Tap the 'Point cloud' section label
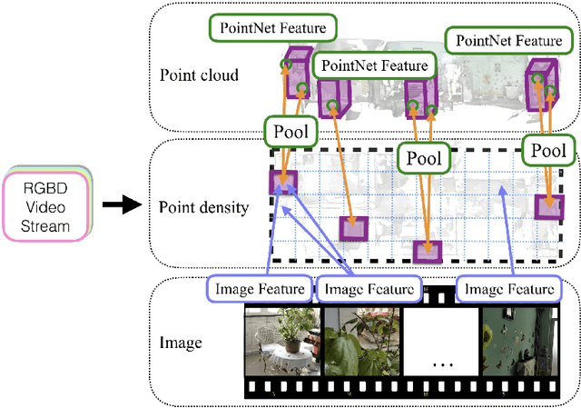[x=199, y=75]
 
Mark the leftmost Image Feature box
[x=259, y=289]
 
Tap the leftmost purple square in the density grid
[x=282, y=183]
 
